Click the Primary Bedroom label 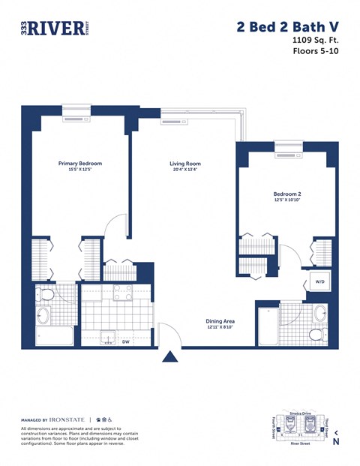(80, 163)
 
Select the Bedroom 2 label (286, 194)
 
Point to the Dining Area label (220, 321)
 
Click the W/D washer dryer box (319, 283)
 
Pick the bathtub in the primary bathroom (55, 335)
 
